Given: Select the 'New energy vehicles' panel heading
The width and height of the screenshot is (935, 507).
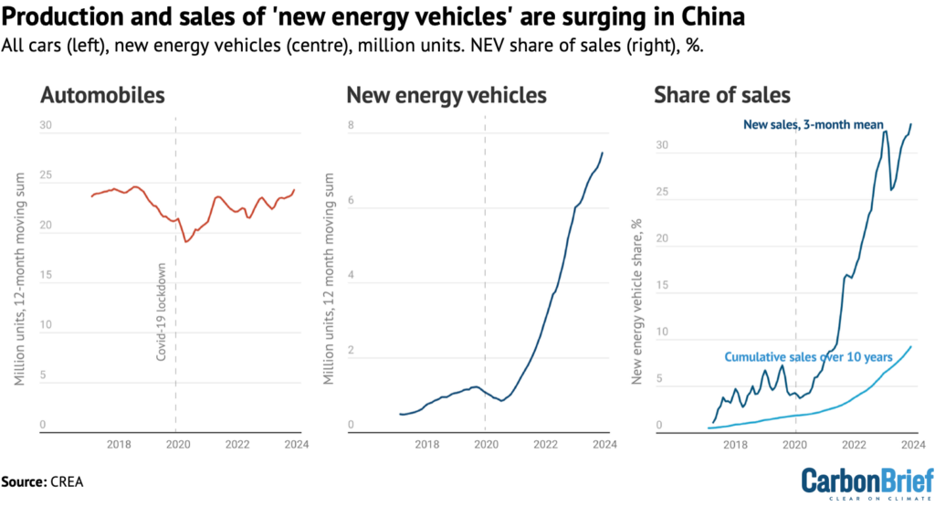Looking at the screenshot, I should point(446,94).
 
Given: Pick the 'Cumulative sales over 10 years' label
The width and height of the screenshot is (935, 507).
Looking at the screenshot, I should point(804,357).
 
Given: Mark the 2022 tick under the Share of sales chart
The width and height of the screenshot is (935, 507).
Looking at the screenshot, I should point(854,445).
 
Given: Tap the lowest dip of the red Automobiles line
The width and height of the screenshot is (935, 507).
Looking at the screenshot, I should point(185,241).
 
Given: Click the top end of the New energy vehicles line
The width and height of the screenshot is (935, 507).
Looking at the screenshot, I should point(602,153).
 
